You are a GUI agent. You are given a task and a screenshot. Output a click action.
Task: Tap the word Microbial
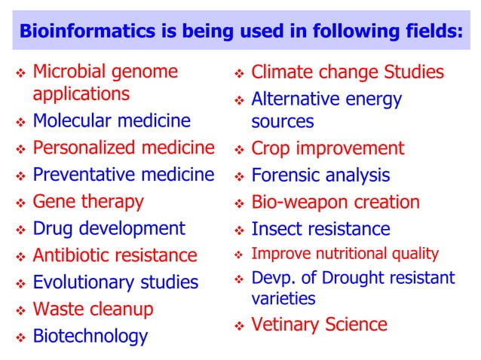click(x=72, y=73)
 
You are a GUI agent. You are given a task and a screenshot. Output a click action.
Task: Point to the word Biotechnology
click(x=90, y=336)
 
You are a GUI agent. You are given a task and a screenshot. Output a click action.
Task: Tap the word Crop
click(x=271, y=148)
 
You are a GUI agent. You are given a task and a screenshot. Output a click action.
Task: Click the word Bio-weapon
click(x=296, y=203)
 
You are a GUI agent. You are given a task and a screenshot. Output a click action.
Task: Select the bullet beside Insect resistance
click(x=239, y=230)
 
